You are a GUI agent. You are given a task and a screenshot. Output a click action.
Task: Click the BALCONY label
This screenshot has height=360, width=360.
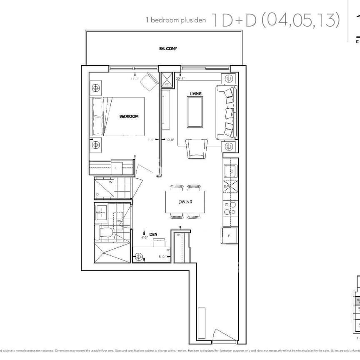[x=168, y=49]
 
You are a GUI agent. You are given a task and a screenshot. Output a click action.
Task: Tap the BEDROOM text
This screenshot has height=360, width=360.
[x=129, y=116]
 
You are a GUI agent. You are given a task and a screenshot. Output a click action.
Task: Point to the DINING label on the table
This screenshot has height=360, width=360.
[x=185, y=202]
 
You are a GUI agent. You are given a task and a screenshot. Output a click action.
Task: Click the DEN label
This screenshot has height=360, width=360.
[x=153, y=235]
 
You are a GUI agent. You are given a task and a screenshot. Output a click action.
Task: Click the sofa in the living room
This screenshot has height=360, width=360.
[x=226, y=112]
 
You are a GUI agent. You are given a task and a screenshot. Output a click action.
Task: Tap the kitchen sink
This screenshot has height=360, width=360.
[x=230, y=171]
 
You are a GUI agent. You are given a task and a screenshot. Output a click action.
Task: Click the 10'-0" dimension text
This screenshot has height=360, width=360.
[x=171, y=140]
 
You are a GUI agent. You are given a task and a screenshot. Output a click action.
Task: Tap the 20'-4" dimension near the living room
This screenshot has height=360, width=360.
[x=181, y=78]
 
